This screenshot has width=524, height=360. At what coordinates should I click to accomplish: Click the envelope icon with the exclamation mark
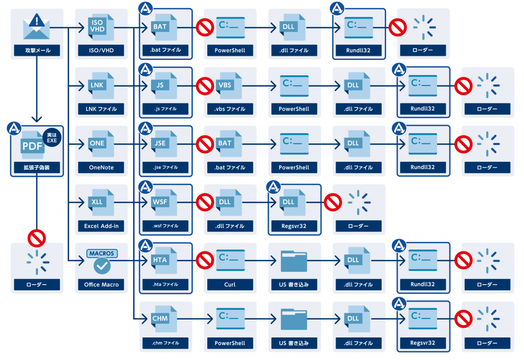point(37,26)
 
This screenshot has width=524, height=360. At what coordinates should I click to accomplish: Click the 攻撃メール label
point(37,51)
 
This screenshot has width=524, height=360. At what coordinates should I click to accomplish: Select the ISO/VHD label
point(101,51)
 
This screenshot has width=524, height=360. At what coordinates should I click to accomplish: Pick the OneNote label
point(101,167)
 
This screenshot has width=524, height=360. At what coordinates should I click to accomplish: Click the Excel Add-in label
point(101,226)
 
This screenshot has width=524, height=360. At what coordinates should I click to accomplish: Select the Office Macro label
point(101,284)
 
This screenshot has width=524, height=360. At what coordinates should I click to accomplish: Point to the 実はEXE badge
point(52,136)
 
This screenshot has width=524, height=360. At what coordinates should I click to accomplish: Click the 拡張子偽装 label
point(37,167)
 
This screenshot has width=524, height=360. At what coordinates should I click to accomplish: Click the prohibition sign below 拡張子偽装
point(37,238)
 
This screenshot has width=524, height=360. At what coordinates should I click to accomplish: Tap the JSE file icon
point(162,144)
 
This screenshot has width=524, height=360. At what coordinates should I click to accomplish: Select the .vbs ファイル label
point(230,109)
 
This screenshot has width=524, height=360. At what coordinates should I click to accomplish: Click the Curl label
point(230,284)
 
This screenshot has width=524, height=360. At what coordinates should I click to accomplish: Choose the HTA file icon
point(162,261)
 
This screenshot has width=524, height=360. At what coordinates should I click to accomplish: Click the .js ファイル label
point(166,109)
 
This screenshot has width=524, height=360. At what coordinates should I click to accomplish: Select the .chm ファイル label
point(166,343)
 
